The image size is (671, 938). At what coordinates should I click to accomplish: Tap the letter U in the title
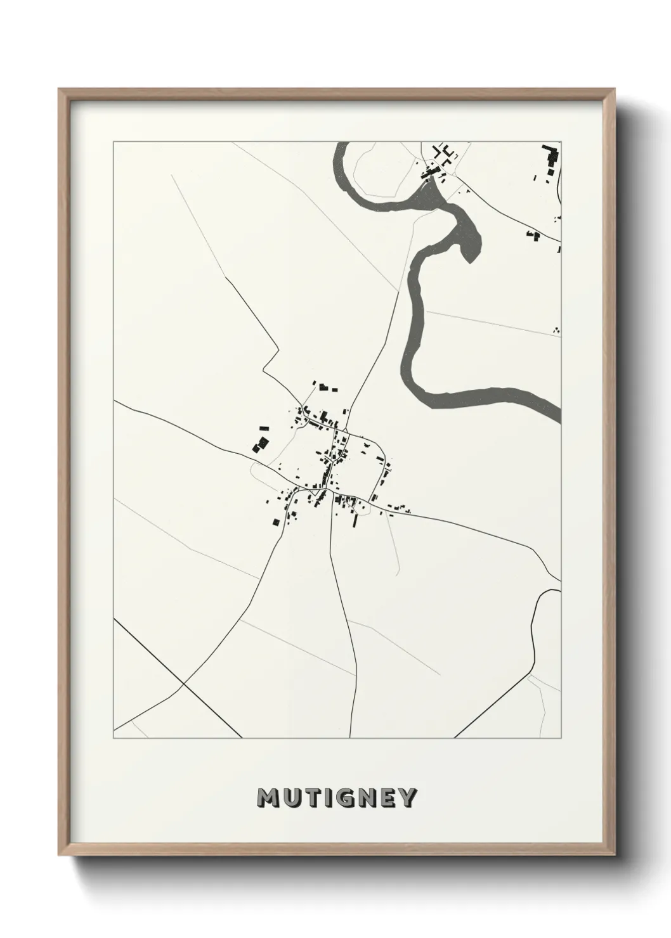(x=294, y=798)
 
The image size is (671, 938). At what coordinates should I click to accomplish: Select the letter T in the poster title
(x=315, y=798)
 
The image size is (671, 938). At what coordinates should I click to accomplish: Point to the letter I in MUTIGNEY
(x=330, y=798)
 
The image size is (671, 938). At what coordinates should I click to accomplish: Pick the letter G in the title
(x=347, y=798)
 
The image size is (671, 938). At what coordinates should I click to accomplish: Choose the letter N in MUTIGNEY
(x=370, y=798)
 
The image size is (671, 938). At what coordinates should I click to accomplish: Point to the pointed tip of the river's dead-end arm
(x=468, y=260)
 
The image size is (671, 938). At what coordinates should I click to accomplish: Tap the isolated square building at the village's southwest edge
(x=275, y=522)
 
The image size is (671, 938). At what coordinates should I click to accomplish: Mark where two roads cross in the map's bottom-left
(x=183, y=684)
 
